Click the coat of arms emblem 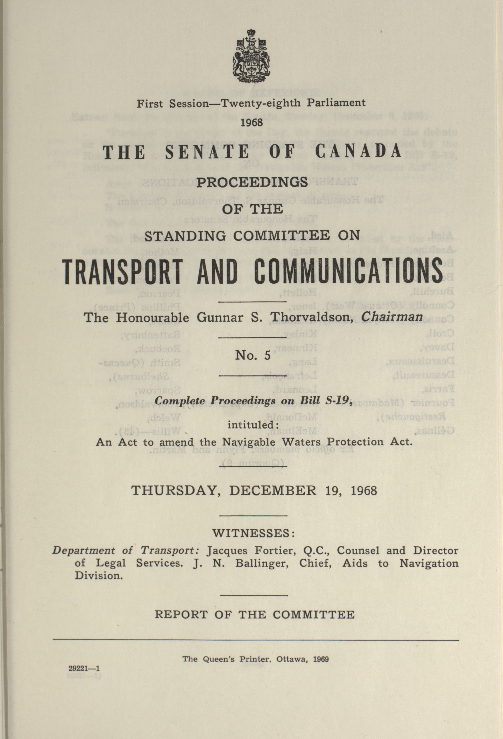tap(251, 57)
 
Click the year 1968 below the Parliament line tap(252, 123)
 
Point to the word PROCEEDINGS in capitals tap(252, 182)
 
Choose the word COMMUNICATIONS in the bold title tap(348, 272)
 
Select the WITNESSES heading tap(253, 533)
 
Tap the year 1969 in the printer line tap(321, 659)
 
